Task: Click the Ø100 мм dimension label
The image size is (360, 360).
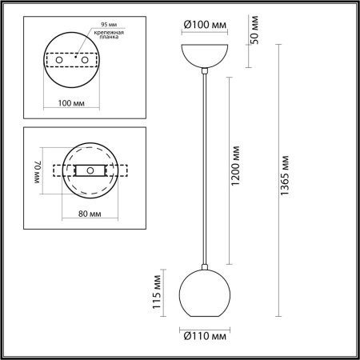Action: coord(205,25)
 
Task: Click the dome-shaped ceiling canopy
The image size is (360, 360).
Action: coord(206,56)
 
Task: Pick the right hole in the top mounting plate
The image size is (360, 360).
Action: coord(84,60)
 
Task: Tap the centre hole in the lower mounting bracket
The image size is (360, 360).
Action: coord(90,170)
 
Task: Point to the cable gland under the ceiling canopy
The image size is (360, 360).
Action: coord(206,73)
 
